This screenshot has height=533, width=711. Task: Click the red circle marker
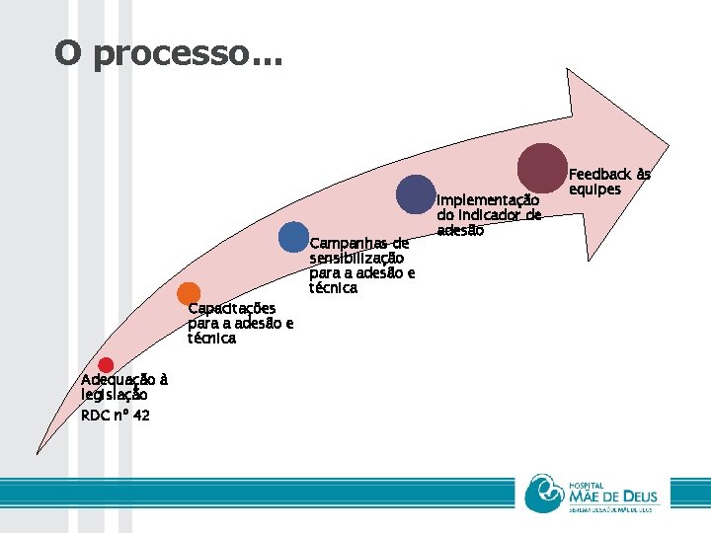click(106, 366)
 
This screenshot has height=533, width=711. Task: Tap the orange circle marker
click(188, 293)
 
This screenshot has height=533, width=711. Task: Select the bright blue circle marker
click(293, 237)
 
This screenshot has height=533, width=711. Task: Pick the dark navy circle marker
click(416, 194)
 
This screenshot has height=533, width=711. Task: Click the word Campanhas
click(346, 244)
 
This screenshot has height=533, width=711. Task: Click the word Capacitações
click(232, 308)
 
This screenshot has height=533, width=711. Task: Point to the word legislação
click(115, 395)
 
